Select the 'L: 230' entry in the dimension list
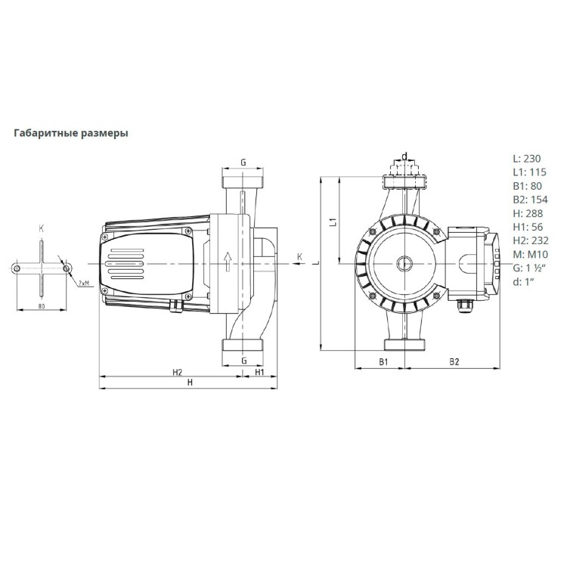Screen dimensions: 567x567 coord(527,159)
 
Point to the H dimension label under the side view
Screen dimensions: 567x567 coord(190,383)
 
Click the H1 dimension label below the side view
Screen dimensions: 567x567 coord(259,373)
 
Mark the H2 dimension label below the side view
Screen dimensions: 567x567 coord(177,373)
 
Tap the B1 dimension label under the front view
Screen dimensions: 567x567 coord(383,362)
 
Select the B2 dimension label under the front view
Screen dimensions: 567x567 coord(454,362)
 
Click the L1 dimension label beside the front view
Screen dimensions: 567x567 coord(332,222)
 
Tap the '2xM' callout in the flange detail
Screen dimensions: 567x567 coord(84,283)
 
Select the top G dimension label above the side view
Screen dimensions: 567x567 coord(243,163)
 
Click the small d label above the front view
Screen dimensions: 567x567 coord(404,156)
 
